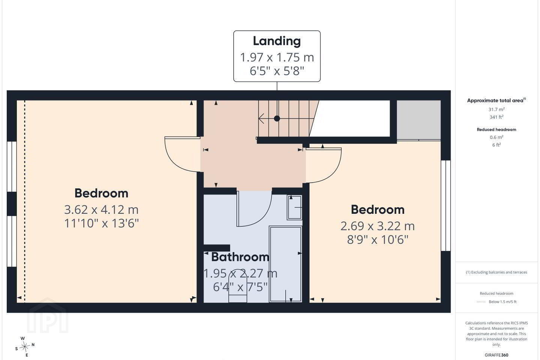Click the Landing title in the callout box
pyautogui.click(x=277, y=41)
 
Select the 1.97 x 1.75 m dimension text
pyautogui.click(x=277, y=57)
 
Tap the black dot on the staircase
pyautogui.click(x=277, y=118)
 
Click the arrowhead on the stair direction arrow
pyautogui.click(x=261, y=118)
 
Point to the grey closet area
pyautogui.click(x=419, y=120)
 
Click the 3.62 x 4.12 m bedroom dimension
pyautogui.click(x=101, y=210)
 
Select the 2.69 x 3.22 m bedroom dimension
pyautogui.click(x=378, y=226)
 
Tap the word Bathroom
pyautogui.click(x=240, y=257)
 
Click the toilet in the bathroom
pyautogui.click(x=237, y=286)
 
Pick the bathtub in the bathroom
pyautogui.click(x=285, y=264)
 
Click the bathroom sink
pyautogui.click(x=294, y=207)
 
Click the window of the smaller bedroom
pyautogui.click(x=446, y=205)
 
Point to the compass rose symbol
pyautogui.click(x=25, y=347)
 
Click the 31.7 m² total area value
pyautogui.click(x=496, y=109)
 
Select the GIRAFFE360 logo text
pyautogui.click(x=496, y=355)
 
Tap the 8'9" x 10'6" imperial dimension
pyautogui.click(x=378, y=240)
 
